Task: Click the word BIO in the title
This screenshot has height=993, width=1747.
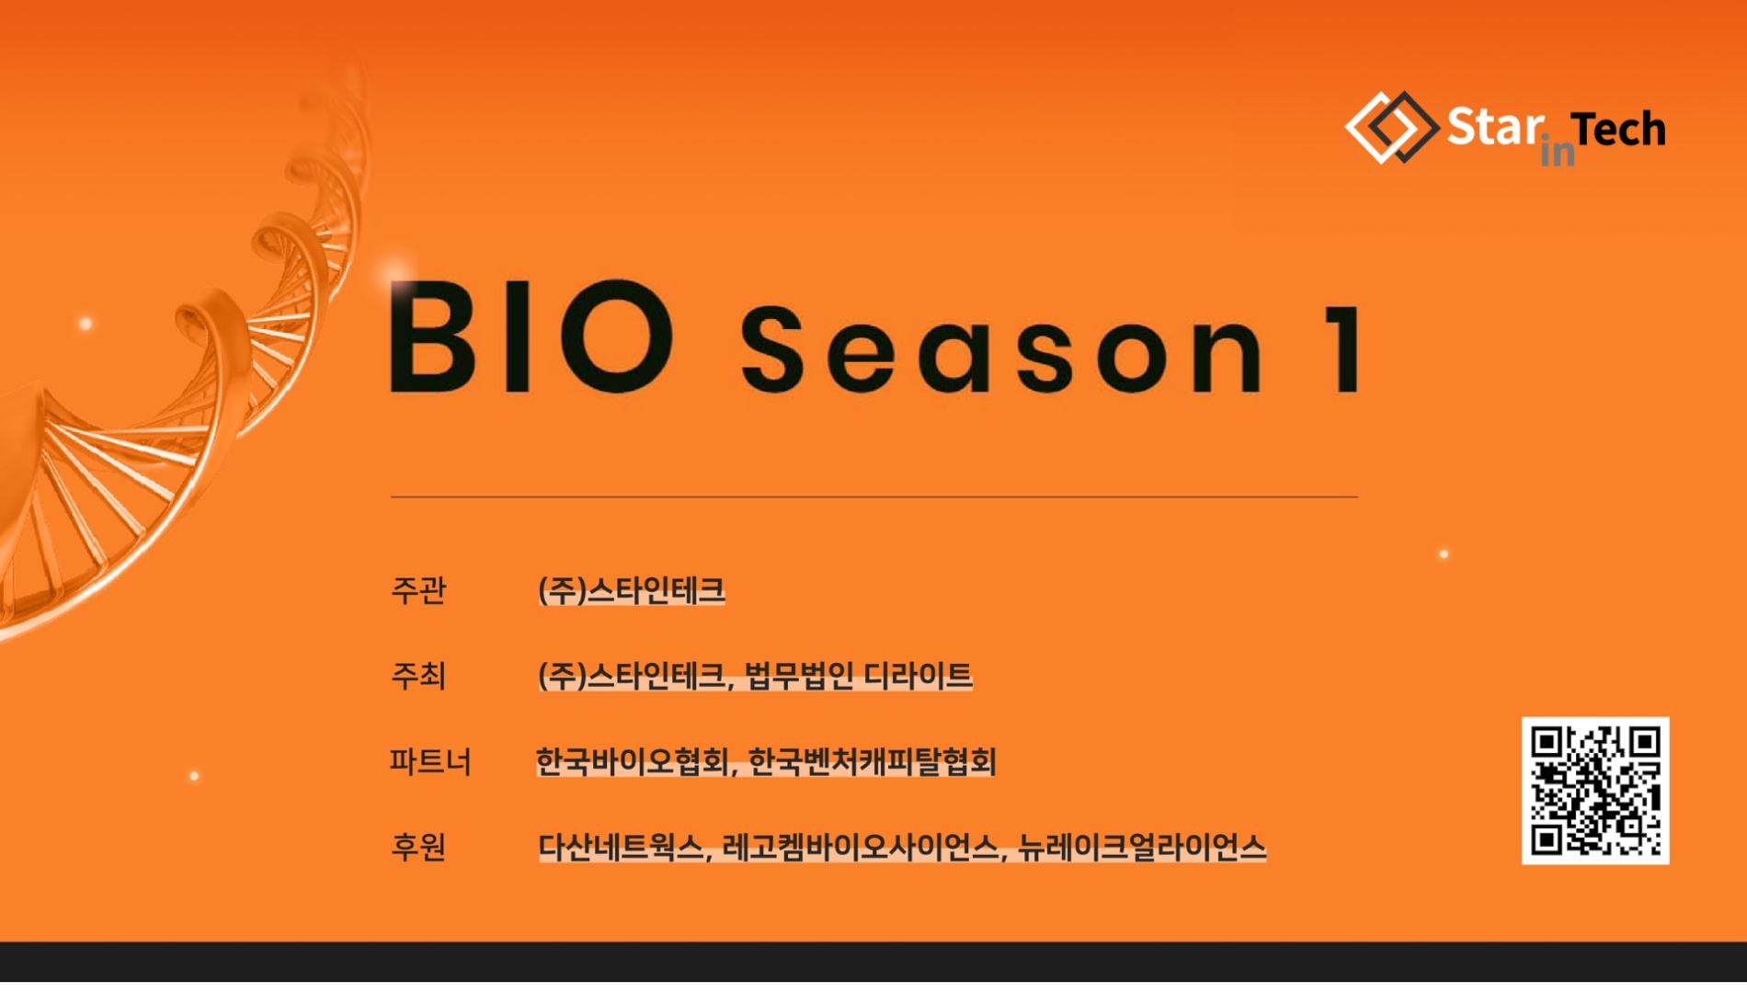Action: click(531, 337)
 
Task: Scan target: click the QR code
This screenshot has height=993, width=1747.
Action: click(1594, 791)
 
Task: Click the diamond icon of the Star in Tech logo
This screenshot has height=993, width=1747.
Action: click(1391, 128)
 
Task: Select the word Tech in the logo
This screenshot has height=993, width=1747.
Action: click(1618, 130)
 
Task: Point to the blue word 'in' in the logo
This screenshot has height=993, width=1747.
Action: click(1557, 152)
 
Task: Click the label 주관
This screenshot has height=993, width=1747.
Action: click(418, 590)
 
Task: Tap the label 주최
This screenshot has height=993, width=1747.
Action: click(418, 676)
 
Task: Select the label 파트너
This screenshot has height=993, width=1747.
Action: click(429, 761)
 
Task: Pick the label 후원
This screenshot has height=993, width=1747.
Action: click(418, 847)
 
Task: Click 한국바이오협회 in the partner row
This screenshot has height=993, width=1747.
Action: click(633, 761)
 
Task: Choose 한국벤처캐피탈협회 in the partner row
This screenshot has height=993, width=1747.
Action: click(872, 761)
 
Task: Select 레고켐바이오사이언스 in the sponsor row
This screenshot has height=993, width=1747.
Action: click(861, 847)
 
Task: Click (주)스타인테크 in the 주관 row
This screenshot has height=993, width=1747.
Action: click(632, 590)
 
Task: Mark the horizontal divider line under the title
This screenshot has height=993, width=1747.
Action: click(873, 496)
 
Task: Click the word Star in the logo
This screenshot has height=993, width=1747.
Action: click(1494, 127)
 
